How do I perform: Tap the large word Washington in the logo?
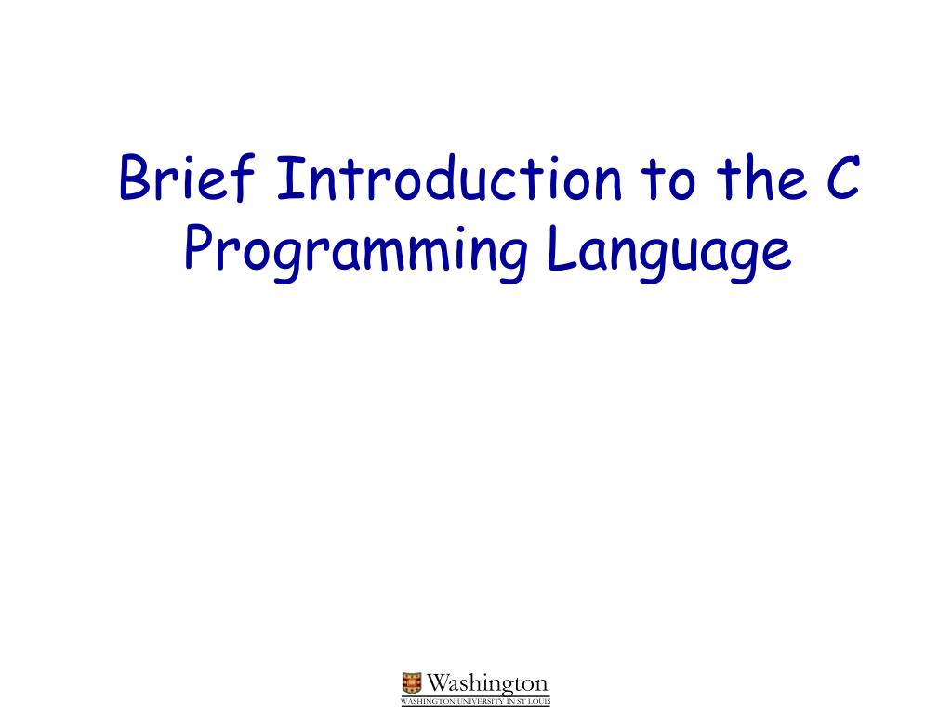click(487, 684)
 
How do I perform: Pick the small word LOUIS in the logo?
click(539, 701)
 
